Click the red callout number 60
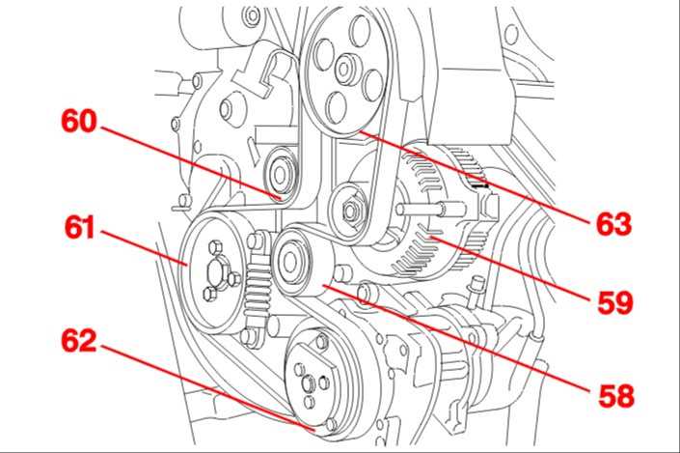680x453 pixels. click(x=79, y=121)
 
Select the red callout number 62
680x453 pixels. click(x=79, y=340)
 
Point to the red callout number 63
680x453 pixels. click(x=613, y=224)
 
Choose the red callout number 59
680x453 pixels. click(x=615, y=302)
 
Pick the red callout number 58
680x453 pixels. click(x=615, y=396)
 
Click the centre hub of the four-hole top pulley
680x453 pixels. click(x=344, y=69)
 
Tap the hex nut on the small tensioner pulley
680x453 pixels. click(x=350, y=211)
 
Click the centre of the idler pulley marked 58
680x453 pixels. click(x=289, y=262)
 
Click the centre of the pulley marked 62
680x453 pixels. click(x=309, y=383)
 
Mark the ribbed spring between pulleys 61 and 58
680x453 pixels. click(x=258, y=288)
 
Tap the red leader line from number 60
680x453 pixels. click(x=191, y=163)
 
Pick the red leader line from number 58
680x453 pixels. click(x=456, y=339)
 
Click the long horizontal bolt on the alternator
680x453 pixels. click(x=432, y=209)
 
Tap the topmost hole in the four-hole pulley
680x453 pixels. click(x=360, y=30)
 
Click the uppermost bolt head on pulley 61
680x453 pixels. click(x=215, y=247)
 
